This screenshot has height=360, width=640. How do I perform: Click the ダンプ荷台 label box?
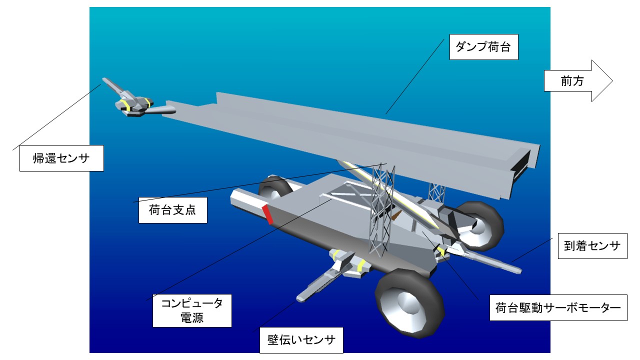coord(483,47)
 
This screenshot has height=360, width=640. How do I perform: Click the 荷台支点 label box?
coord(172,210)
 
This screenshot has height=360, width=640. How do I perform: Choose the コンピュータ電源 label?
coord(192,310)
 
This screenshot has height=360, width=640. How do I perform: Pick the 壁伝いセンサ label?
coord(301,341)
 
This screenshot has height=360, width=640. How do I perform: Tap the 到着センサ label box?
coord(592,245)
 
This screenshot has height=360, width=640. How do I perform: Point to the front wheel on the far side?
coord(479,225)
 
